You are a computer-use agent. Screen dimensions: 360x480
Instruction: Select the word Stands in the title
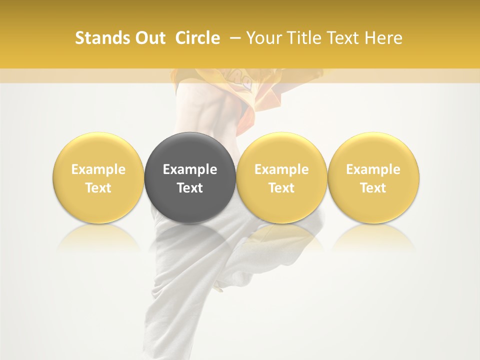click(x=102, y=38)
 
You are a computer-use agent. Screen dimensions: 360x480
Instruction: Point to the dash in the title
click(x=233, y=38)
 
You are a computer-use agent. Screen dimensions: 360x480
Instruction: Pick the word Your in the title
click(x=263, y=38)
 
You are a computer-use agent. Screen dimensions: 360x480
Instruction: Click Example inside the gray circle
click(x=190, y=169)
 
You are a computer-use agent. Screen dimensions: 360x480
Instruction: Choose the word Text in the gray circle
click(x=190, y=188)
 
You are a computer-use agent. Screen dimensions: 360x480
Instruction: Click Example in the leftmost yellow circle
click(x=98, y=169)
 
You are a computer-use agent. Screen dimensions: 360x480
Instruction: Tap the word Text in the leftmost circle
click(x=98, y=188)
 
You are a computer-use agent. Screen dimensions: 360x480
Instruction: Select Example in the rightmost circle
click(x=373, y=169)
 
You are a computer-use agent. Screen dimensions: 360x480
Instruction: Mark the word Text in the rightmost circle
click(x=373, y=188)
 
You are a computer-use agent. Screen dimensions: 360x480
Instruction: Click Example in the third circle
click(x=281, y=169)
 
